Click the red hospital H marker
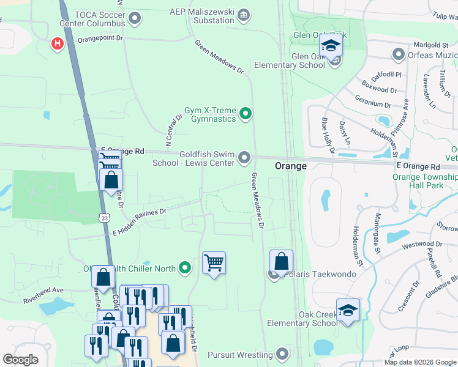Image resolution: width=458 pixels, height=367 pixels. (x=58, y=43)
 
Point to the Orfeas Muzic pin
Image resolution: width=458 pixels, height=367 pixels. (x=399, y=55)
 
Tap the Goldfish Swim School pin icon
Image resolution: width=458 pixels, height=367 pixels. (x=244, y=158)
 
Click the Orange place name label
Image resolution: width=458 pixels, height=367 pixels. (x=290, y=166)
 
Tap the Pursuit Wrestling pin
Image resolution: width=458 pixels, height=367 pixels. (x=282, y=354)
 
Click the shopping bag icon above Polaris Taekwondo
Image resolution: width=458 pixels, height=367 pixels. (x=281, y=261)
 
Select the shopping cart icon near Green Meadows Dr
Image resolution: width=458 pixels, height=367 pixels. (x=214, y=263)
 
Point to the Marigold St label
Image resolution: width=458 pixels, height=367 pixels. (x=431, y=45)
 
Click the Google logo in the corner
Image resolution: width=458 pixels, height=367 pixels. (x=21, y=360)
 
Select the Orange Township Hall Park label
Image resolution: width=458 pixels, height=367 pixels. (x=425, y=182)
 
